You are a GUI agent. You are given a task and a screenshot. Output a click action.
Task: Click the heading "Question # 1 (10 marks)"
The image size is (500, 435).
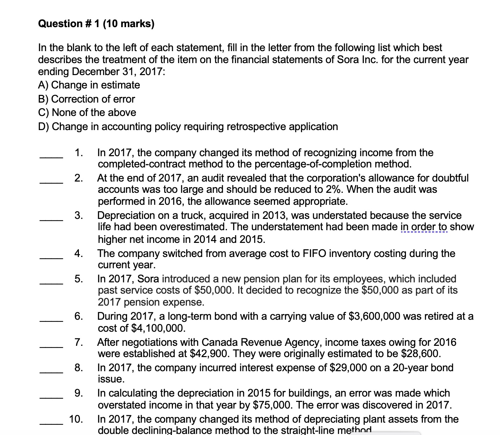tap(96, 24)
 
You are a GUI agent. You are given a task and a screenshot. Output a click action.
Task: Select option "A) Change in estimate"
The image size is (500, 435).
tap(89, 85)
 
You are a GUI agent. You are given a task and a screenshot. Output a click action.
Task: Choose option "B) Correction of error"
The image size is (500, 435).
tap(86, 99)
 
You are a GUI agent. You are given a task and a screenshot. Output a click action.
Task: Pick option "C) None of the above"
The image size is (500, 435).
tap(87, 112)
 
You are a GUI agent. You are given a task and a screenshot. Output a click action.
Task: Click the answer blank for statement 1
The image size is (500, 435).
tap(51, 158)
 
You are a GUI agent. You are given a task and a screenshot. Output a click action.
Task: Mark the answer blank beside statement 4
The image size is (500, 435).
tap(51, 258)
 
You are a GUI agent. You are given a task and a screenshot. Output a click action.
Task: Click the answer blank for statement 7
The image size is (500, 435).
tap(51, 347)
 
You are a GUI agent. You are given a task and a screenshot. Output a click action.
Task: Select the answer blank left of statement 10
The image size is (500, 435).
tap(51, 424)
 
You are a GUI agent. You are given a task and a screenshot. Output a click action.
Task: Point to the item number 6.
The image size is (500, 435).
tap(79, 316)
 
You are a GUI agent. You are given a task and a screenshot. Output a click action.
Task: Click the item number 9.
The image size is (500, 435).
tap(79, 393)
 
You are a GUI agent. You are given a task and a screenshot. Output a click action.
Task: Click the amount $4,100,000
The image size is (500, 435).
tap(157, 328)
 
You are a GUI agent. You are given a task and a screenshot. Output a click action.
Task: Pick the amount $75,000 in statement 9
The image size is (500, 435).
tap(272, 405)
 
